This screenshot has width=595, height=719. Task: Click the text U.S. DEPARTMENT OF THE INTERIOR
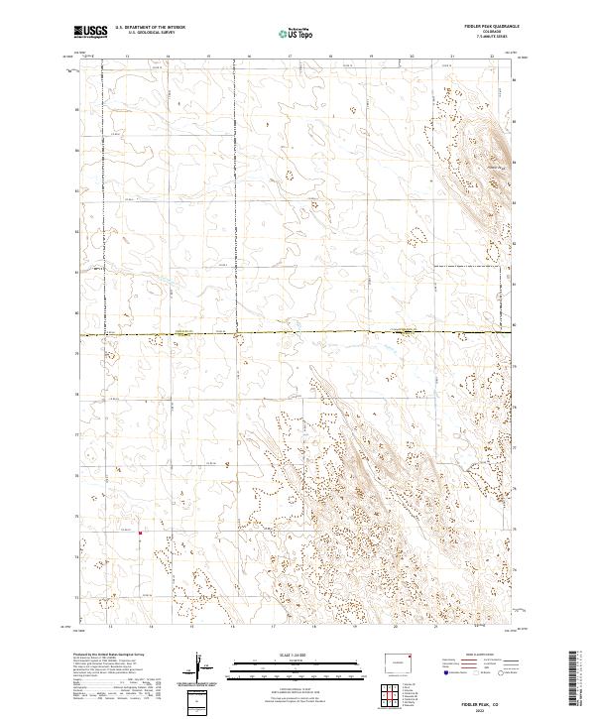151,28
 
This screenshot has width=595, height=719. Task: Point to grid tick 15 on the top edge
208,57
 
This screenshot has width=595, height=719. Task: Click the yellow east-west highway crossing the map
297,333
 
